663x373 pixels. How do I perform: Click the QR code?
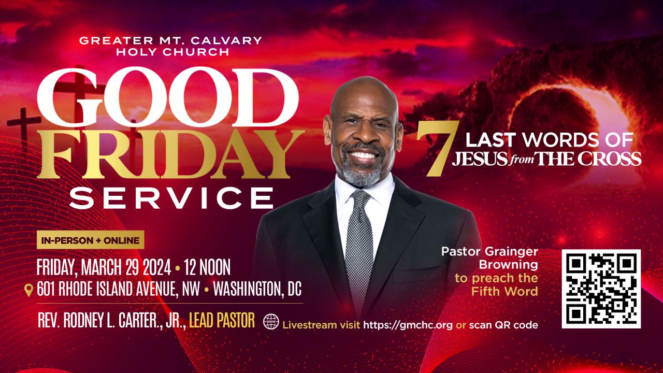(x=601, y=289)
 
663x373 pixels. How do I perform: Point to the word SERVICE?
(x=171, y=198)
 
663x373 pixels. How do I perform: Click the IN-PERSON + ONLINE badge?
(x=90, y=240)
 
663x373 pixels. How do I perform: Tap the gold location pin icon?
(x=29, y=290)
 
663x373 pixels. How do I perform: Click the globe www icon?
(x=271, y=322)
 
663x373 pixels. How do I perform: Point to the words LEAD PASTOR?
(x=222, y=321)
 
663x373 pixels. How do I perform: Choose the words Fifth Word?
(x=504, y=292)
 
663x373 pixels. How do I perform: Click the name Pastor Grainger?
(x=489, y=252)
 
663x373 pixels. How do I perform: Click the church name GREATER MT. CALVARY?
(x=170, y=40)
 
